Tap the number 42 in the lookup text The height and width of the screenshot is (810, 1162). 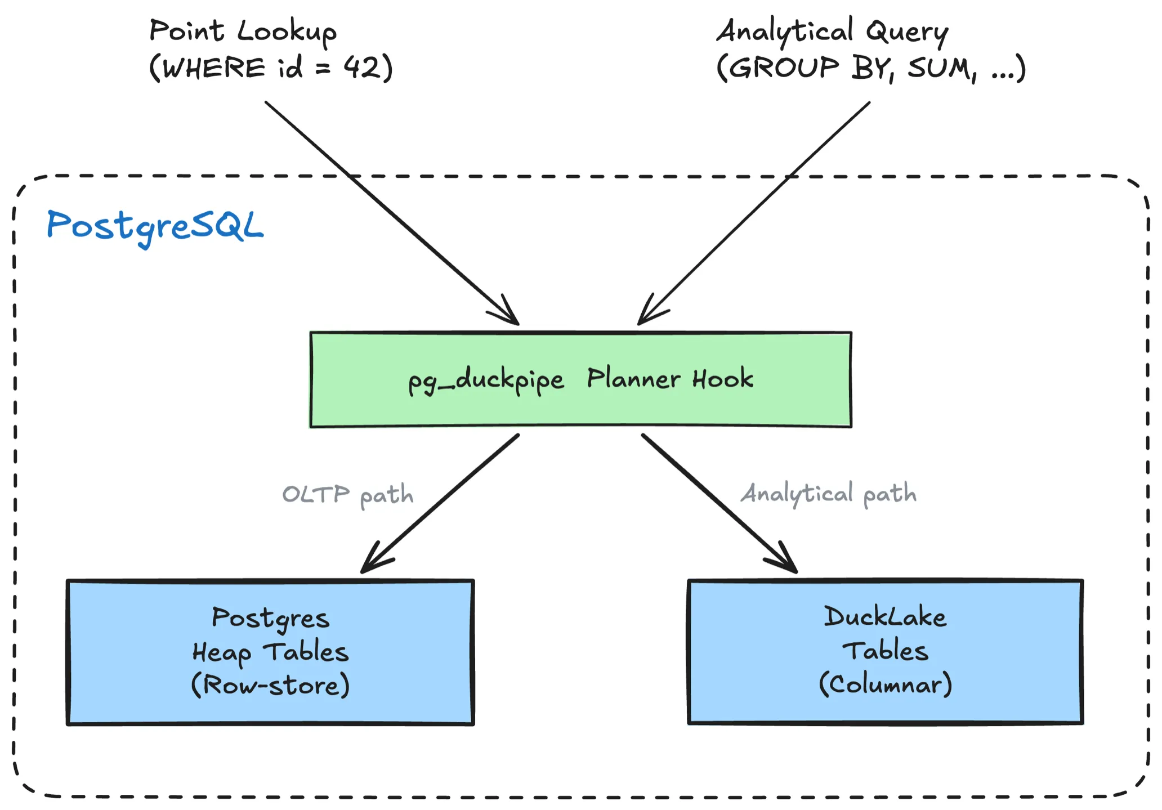click(361, 68)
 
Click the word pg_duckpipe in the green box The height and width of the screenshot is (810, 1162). click(485, 380)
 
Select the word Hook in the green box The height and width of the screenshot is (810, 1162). click(722, 379)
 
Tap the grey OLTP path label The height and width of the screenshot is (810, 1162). click(347, 495)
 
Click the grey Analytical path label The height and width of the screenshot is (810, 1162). click(828, 494)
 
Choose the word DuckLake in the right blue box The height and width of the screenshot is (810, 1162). click(884, 617)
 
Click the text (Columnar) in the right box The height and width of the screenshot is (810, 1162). click(885, 684)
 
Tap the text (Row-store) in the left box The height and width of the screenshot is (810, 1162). click(270, 685)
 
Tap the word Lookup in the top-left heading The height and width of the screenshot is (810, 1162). click(287, 32)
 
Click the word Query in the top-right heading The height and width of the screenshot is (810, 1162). click(907, 32)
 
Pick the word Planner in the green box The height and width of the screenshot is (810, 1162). click(633, 379)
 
